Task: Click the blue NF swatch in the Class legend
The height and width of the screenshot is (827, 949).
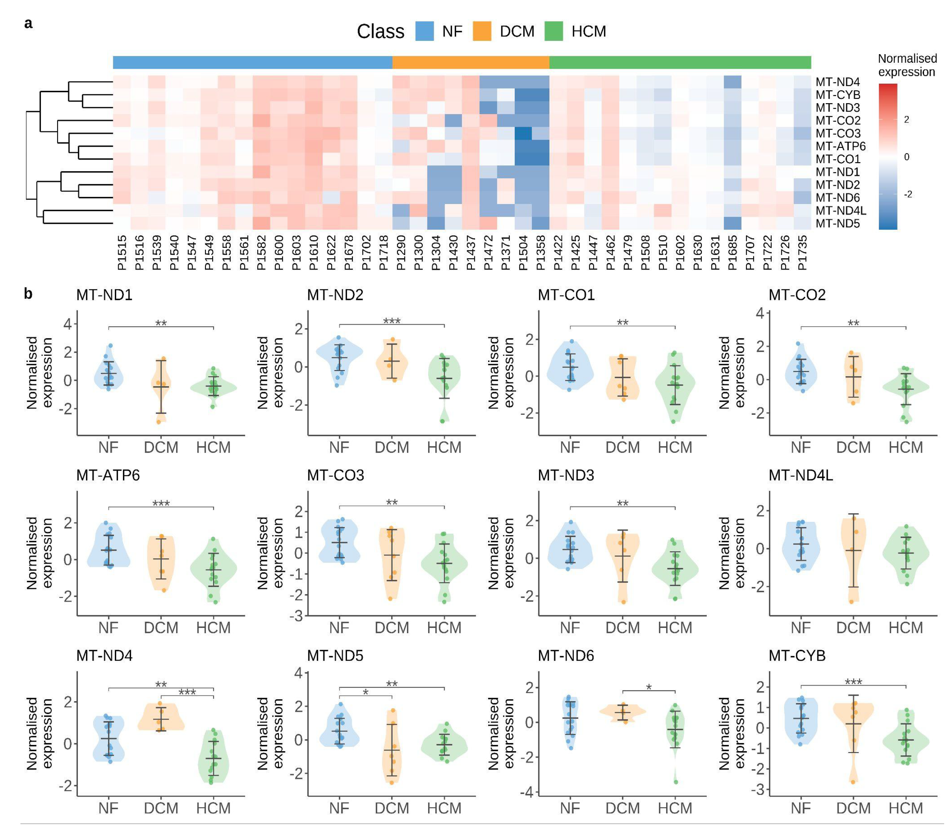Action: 424,31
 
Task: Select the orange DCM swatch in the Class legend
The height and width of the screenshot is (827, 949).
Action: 481,31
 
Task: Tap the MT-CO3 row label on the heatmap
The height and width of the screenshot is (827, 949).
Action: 837,133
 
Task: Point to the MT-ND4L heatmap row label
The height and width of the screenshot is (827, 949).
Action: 840,210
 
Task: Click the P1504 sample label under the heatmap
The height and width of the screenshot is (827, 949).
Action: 523,253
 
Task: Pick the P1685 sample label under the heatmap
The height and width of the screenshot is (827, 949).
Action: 732,253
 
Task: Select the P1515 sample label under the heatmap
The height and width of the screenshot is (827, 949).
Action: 122,253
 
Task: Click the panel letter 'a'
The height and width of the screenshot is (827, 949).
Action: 28,23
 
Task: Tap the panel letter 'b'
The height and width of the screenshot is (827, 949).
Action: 28,294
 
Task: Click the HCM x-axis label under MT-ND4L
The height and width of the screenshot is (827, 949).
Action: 905,628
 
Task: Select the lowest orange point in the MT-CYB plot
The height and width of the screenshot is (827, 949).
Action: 853,782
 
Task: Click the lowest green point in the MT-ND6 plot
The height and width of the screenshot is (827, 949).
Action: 675,782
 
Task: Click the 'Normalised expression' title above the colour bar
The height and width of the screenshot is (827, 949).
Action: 907,65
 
